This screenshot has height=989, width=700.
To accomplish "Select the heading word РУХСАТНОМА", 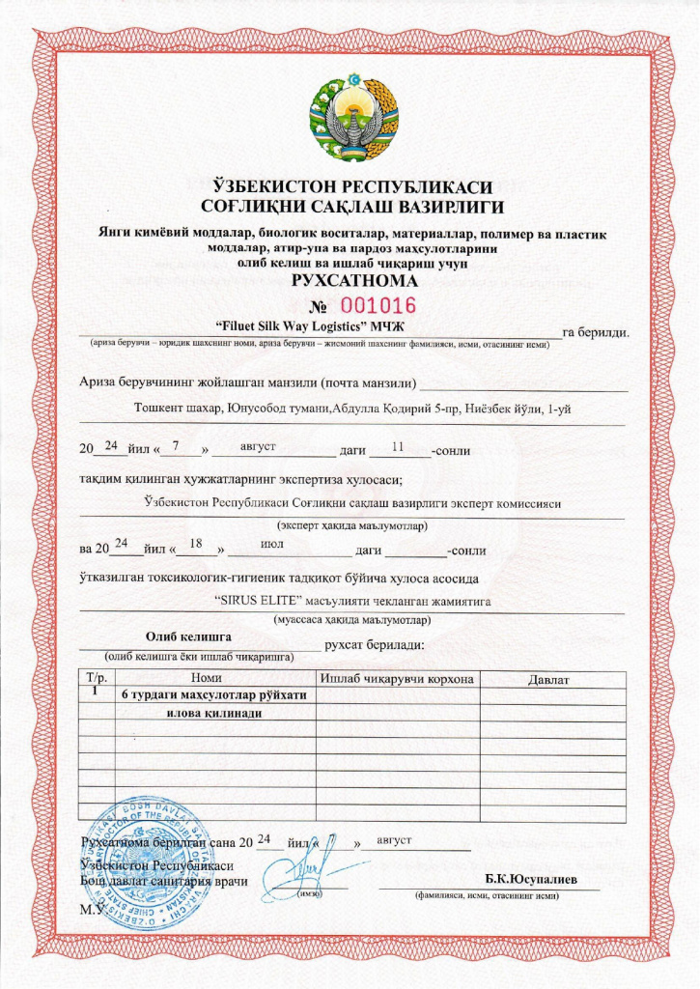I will [x=350, y=282].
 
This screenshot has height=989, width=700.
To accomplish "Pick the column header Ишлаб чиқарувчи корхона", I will [x=397, y=679].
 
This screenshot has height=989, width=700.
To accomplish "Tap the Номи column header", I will [x=208, y=679].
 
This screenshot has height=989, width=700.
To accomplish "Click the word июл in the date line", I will [x=272, y=543].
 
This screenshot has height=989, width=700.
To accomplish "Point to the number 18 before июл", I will [x=196, y=544].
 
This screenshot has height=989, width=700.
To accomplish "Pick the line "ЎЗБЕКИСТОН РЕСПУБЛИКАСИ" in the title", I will [x=350, y=186].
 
